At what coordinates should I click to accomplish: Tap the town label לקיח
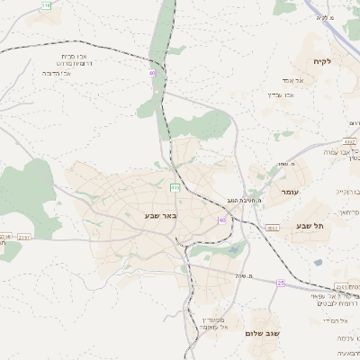(323, 61)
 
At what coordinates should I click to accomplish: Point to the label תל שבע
(308, 226)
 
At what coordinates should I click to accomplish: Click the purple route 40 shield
(152, 72)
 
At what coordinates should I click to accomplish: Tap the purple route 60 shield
(221, 220)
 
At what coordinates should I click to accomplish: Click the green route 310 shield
(47, 5)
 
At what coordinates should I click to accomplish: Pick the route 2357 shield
(24, 237)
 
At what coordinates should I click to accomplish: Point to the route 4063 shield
(272, 229)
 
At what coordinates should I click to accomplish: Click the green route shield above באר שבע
(175, 187)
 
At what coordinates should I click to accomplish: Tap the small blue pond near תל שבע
(318, 263)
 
